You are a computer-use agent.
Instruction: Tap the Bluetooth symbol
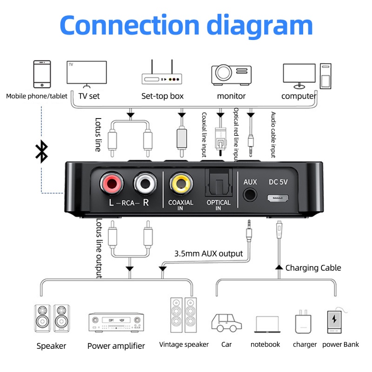pos(42,152)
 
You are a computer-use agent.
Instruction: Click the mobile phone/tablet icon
pos(41,74)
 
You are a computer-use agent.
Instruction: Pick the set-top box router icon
pos(161,73)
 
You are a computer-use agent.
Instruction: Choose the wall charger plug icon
pos(303,322)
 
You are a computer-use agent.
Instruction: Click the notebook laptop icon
pos(267,324)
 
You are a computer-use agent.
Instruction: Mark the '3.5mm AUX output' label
pos(208,254)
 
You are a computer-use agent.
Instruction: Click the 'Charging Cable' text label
pos(313,268)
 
